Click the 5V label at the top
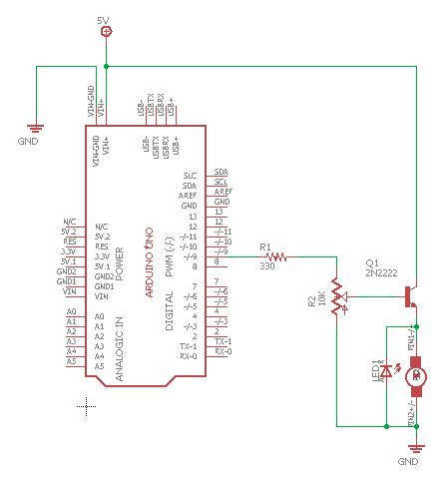pos(106,20)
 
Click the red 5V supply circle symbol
pos(107,33)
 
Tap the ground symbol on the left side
pos(36,127)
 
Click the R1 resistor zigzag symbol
pos(276,256)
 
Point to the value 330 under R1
pos(267,266)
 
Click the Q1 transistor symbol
pos(410,295)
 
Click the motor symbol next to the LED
pos(417,376)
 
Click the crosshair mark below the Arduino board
pos(89,405)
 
